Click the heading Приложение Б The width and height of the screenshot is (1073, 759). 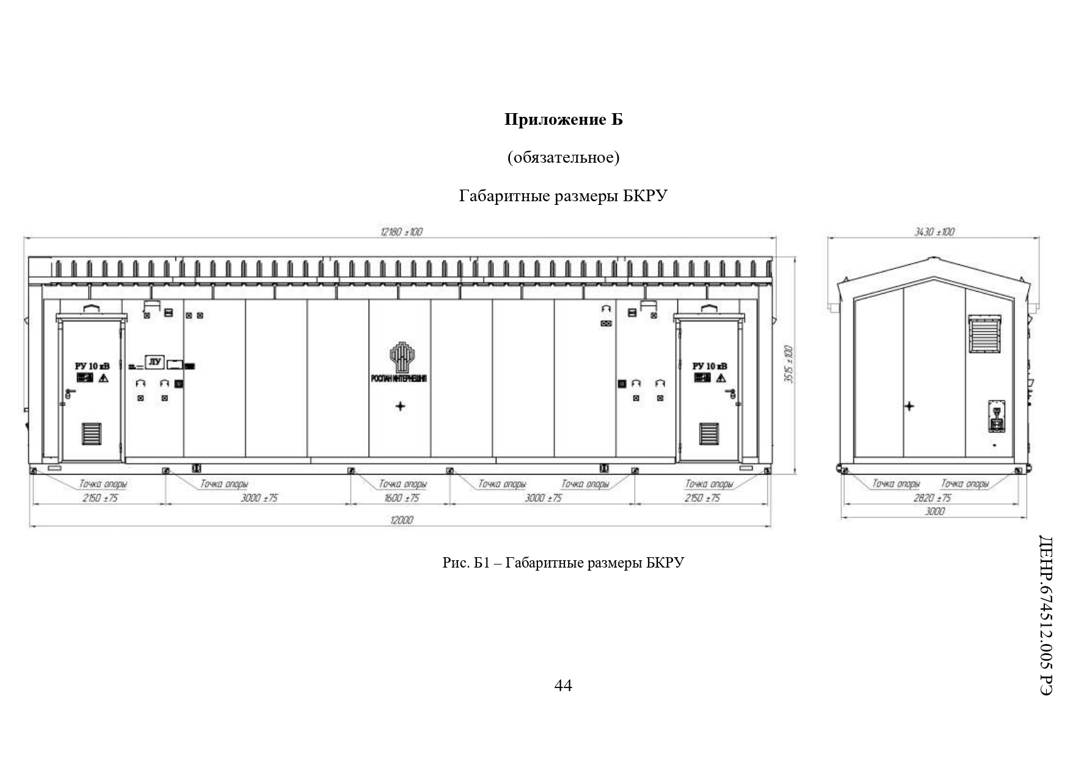coord(563,120)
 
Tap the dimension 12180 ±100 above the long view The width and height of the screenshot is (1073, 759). coord(401,232)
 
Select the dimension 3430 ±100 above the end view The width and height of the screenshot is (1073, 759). coord(934,232)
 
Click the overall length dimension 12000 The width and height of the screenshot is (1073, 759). coord(400,520)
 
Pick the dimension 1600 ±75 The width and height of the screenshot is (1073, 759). coord(402,498)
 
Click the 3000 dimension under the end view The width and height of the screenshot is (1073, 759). coord(934,511)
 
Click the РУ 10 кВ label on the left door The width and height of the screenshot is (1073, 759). coord(92,366)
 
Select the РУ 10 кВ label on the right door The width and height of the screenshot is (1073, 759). coord(710,366)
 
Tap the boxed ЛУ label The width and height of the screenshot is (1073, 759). coord(155,362)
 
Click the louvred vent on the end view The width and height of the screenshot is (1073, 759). coord(984,334)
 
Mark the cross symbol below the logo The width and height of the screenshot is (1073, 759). coord(400,406)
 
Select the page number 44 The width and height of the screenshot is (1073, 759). coord(563,686)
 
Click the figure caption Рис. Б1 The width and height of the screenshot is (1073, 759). coord(563,562)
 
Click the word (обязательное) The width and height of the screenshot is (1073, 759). coord(563,158)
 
